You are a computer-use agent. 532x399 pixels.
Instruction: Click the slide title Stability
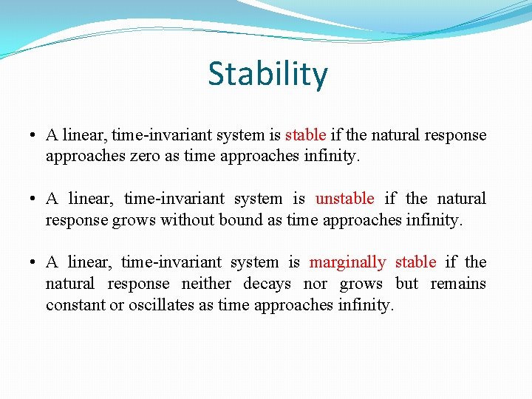267,75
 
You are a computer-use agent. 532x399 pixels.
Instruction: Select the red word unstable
344,199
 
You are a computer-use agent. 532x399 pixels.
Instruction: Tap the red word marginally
347,262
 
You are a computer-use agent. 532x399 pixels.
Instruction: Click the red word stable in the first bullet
305,135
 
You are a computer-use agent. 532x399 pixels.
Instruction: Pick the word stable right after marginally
415,262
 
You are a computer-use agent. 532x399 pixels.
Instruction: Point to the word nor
316,284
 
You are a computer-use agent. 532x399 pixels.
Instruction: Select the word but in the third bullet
406,284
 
